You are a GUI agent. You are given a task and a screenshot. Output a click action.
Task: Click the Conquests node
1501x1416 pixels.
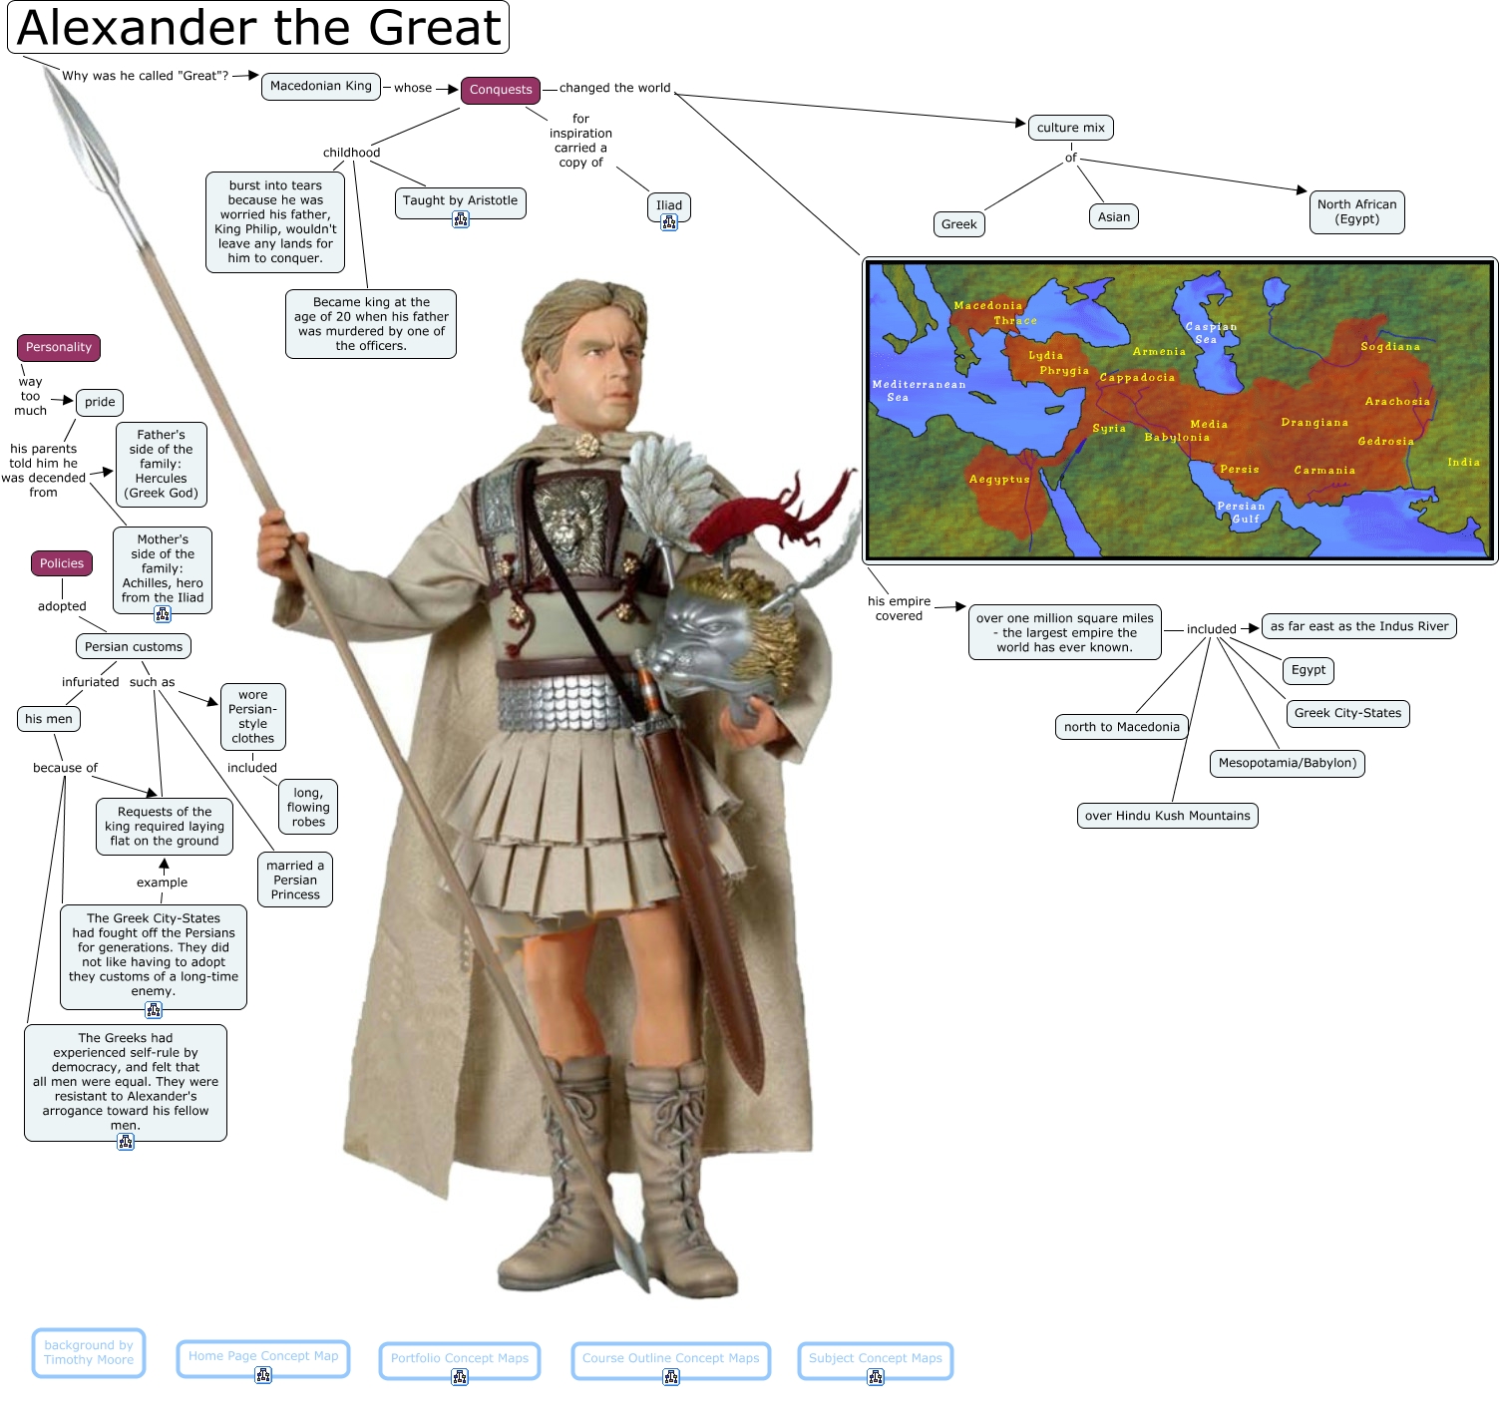point(501,90)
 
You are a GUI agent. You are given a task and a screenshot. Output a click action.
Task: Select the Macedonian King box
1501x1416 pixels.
point(320,86)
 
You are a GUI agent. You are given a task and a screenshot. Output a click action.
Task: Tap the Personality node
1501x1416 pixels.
point(59,347)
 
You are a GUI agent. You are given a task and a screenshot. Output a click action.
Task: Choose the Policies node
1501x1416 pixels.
point(62,563)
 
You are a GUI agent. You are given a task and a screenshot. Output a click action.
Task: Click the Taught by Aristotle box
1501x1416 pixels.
point(460,201)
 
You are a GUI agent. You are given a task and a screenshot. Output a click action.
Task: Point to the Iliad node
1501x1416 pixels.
point(669,206)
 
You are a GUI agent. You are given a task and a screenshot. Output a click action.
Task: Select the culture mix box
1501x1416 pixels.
point(1070,128)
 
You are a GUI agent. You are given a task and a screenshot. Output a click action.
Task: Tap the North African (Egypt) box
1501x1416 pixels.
point(1356,211)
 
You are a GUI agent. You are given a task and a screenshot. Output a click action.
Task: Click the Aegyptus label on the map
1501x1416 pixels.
point(999,480)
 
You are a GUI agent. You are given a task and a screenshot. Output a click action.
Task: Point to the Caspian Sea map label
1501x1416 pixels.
point(1210,333)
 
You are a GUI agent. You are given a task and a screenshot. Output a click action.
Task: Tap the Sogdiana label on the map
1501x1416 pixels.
point(1389,347)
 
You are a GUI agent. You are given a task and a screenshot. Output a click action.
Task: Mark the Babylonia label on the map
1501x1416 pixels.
point(1177,438)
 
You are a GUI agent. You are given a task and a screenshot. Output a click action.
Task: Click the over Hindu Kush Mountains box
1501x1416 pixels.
point(1167,816)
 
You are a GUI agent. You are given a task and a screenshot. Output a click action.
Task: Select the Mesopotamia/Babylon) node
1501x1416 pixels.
point(1287,763)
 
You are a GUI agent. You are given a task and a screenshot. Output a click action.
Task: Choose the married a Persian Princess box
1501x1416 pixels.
point(295,880)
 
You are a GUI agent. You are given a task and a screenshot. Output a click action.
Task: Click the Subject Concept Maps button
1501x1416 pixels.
point(875,1359)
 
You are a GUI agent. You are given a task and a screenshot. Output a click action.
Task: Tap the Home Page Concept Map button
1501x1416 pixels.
point(263,1357)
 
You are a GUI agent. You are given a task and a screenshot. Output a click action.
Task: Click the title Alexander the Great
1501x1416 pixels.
point(258,27)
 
